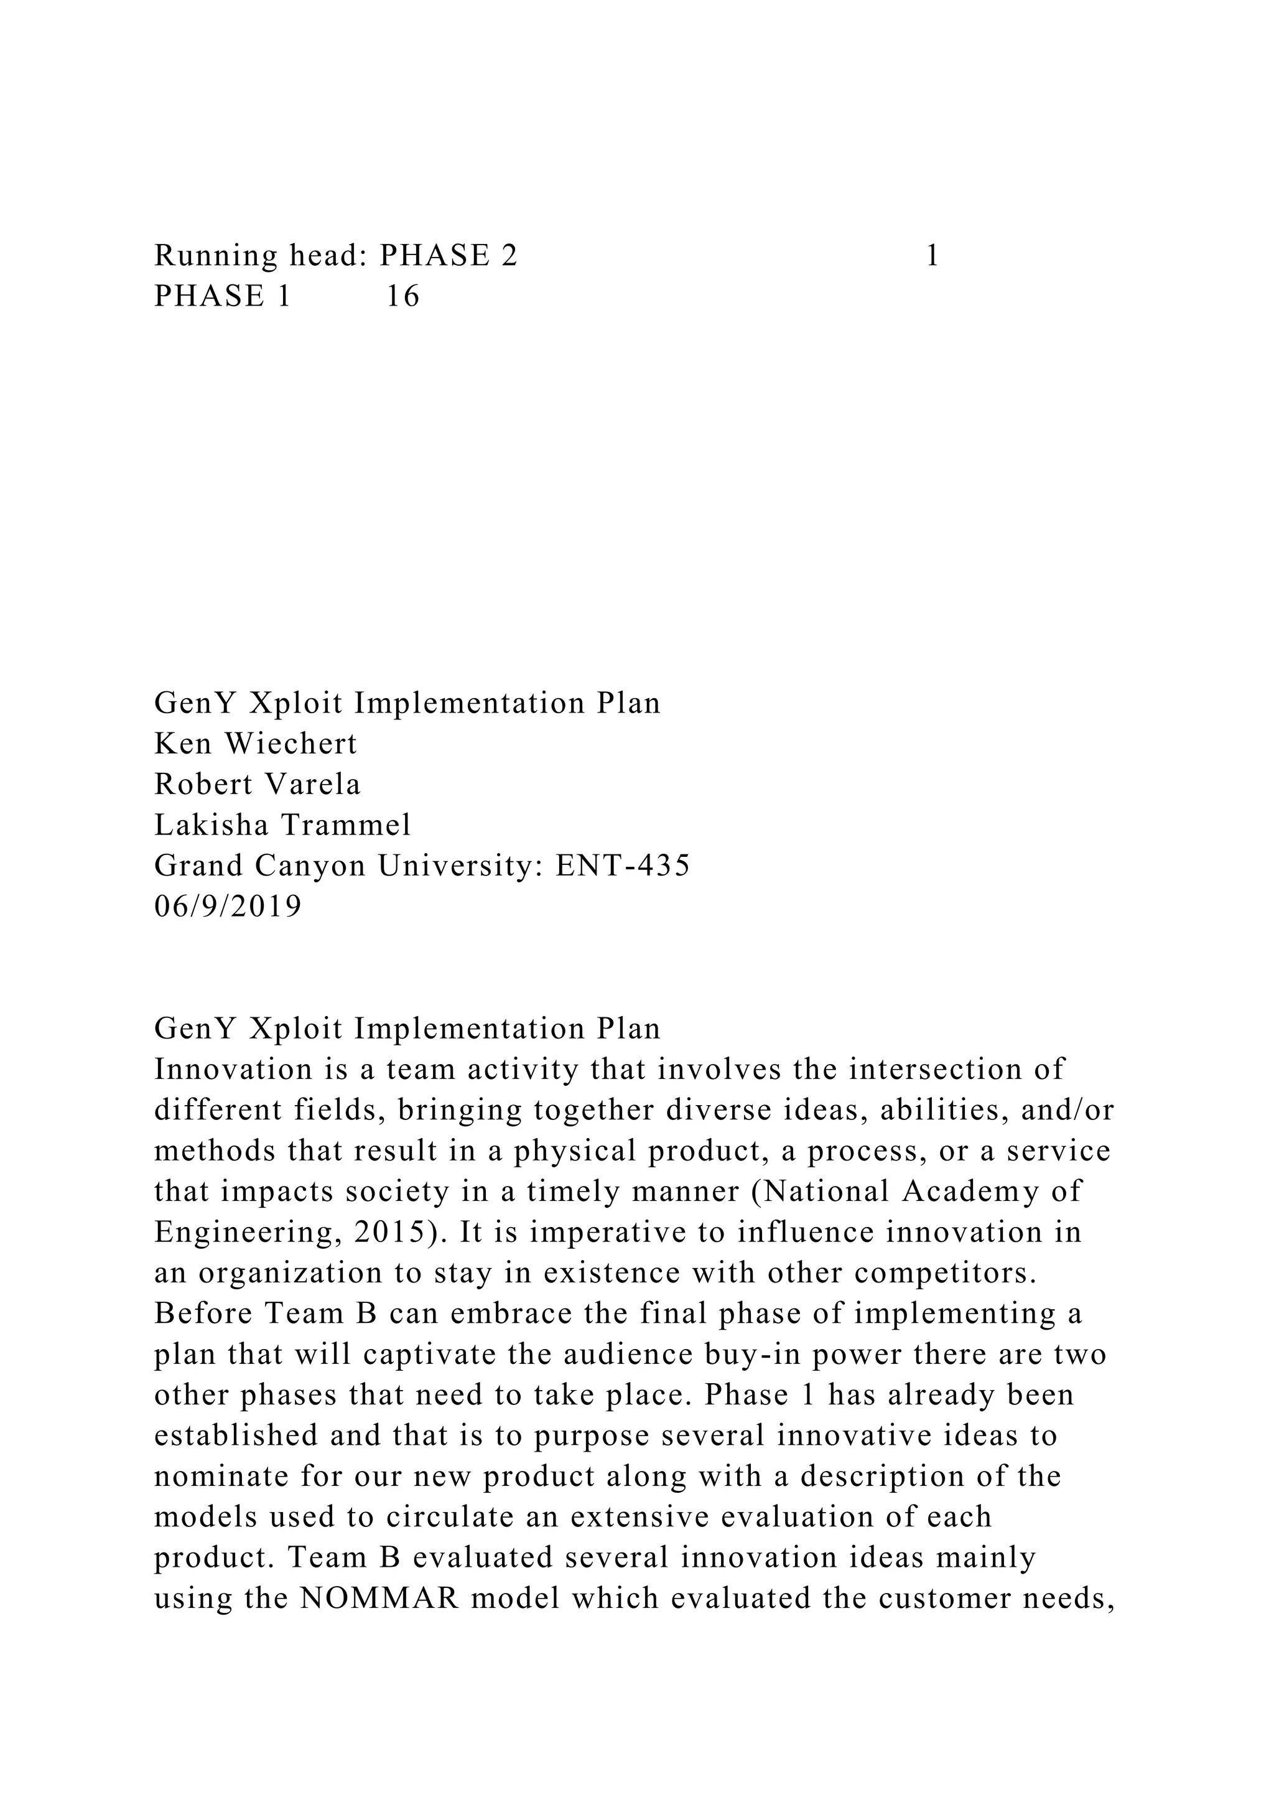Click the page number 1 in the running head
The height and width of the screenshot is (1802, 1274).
(x=932, y=256)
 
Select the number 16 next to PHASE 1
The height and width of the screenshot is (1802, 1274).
(x=403, y=297)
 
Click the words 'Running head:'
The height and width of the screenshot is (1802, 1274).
(x=261, y=256)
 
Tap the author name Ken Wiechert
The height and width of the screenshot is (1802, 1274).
(x=256, y=743)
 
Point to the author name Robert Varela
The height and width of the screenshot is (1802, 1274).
(x=258, y=784)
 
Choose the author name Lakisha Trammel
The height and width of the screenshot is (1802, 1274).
(x=282, y=825)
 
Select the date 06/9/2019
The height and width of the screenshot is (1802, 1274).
(x=228, y=907)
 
